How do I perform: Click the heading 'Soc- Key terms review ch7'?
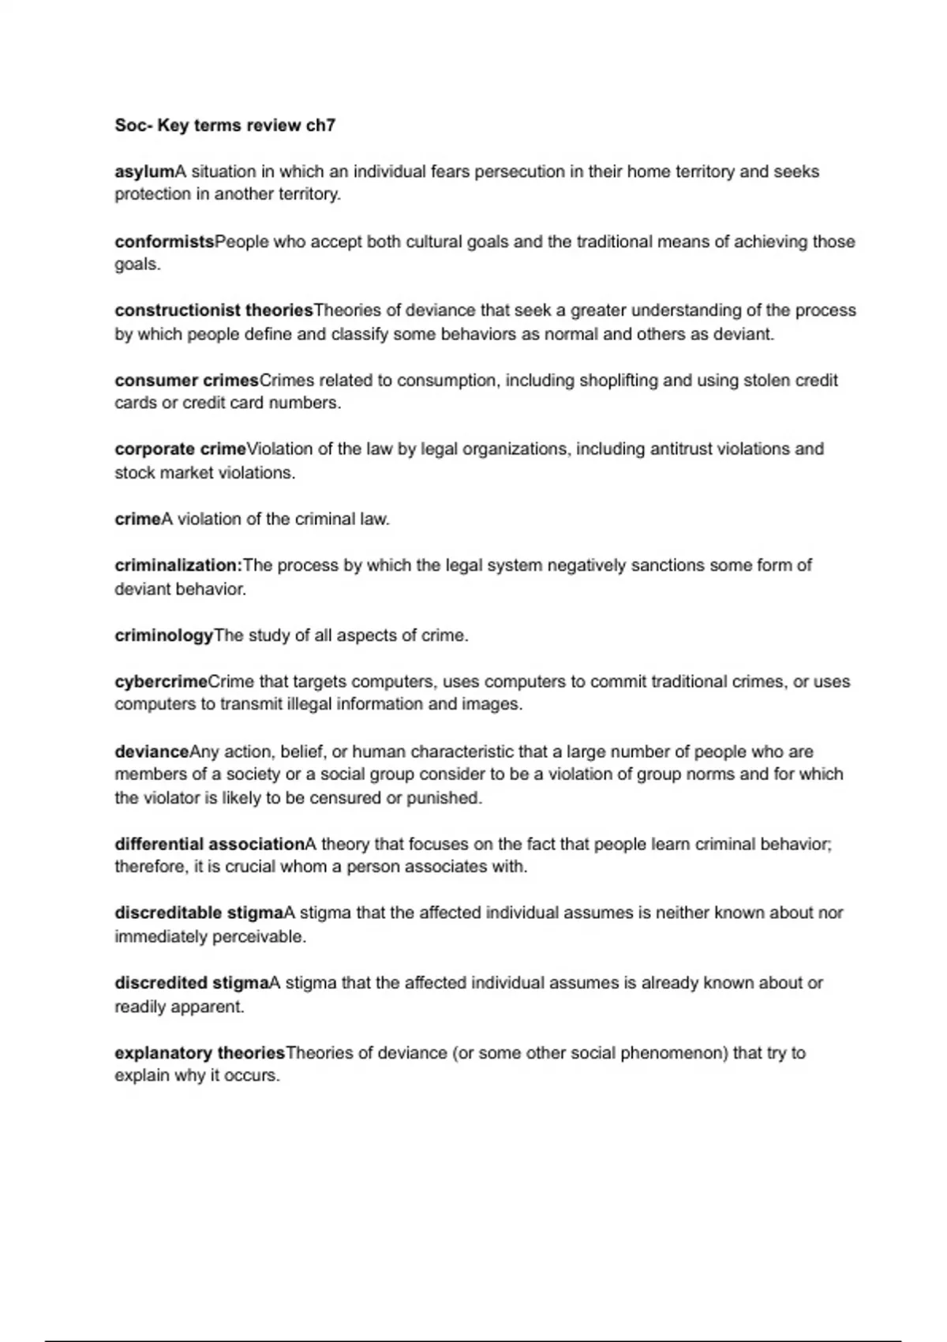pos(225,125)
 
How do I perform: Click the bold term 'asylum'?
pos(144,171)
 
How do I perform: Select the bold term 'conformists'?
pos(164,242)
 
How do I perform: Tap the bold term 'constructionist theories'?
pos(214,310)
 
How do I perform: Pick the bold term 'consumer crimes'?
pos(186,380)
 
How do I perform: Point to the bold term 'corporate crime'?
pos(180,449)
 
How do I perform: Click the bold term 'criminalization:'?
pos(178,565)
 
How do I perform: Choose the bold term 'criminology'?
pos(164,635)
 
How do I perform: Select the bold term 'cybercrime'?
pos(161,681)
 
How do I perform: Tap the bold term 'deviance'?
pos(152,752)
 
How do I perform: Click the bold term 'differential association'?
pos(209,844)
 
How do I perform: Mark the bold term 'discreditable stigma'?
pos(199,913)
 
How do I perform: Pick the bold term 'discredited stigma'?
pos(192,983)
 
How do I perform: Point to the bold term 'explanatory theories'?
pos(200,1052)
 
